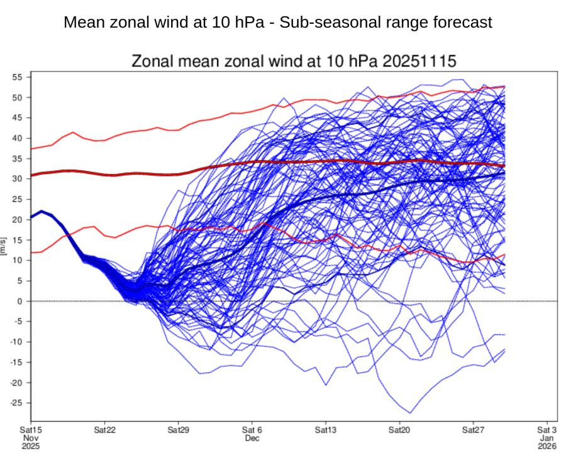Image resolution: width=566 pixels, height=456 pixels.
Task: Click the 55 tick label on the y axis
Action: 17,77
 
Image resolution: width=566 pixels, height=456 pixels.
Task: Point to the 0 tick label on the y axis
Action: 20,301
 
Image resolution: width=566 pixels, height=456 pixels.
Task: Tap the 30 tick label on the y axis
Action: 17,179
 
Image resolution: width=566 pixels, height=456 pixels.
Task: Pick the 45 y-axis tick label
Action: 17,118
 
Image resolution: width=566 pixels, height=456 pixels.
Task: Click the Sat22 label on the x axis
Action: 104,430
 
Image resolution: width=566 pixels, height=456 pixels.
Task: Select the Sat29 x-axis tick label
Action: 179,430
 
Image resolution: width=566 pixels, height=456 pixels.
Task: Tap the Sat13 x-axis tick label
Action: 326,430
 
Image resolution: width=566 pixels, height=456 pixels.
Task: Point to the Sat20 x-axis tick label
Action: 399,430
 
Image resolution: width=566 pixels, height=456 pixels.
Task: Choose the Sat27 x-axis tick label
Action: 473,430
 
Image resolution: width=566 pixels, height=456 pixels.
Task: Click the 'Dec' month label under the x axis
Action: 252,438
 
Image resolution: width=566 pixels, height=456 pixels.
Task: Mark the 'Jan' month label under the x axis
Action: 546,438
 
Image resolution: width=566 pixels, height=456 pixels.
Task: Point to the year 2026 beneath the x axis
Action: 546,446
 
